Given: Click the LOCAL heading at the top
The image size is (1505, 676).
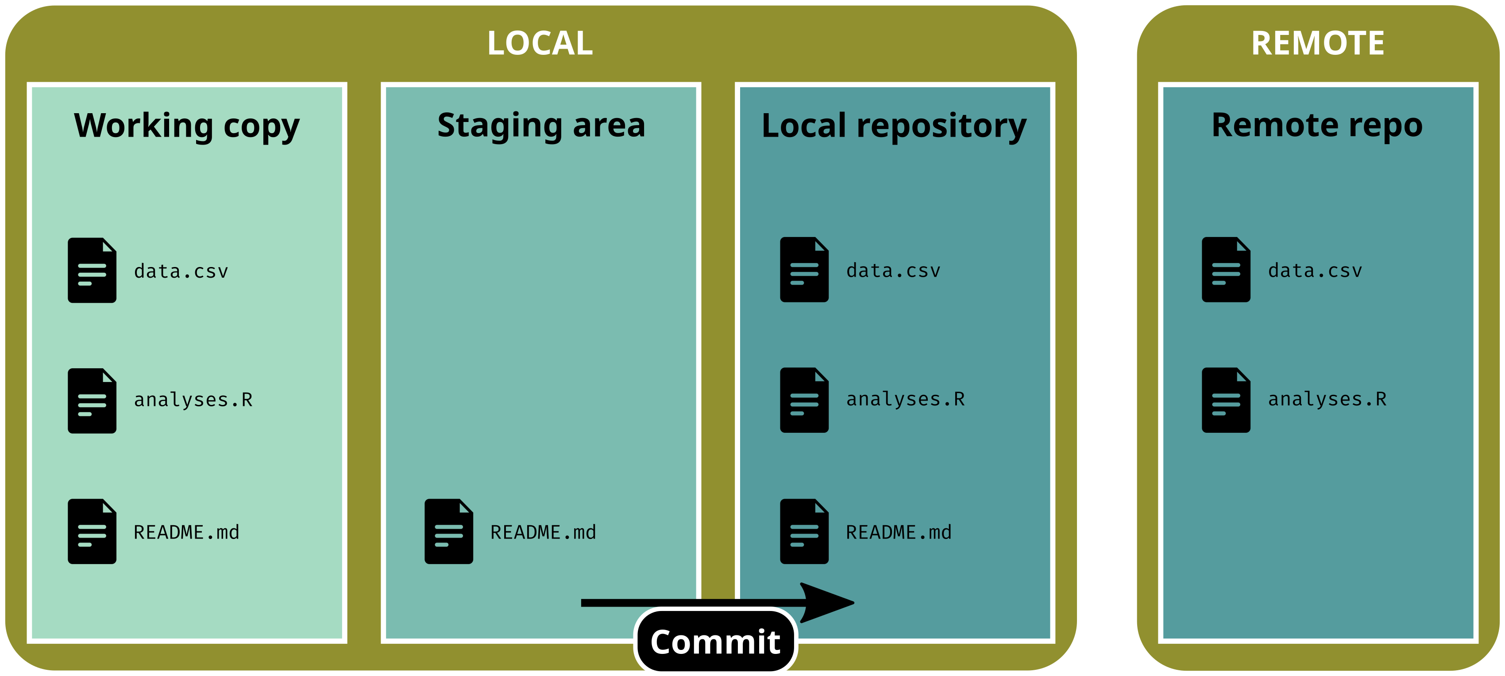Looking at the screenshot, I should click(x=540, y=43).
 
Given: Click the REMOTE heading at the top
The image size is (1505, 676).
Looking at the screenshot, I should click(x=1317, y=43).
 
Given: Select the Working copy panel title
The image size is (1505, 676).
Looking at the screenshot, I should click(x=186, y=126).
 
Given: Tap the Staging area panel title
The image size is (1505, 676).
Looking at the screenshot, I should click(x=541, y=126).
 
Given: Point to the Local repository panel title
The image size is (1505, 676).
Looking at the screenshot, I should click(x=894, y=126).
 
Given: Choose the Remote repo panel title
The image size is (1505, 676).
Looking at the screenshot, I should click(x=1317, y=126).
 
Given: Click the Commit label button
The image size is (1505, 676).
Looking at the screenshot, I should click(x=715, y=642).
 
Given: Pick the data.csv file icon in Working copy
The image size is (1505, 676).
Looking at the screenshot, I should click(x=92, y=270).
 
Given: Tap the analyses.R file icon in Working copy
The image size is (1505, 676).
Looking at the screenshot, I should click(x=92, y=401).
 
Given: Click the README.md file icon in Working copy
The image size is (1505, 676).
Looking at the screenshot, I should click(x=92, y=531).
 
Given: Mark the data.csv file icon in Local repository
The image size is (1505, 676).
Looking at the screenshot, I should click(x=804, y=270).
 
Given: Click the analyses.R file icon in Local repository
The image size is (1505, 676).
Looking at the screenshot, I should click(x=804, y=401).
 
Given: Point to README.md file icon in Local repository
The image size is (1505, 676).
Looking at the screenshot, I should click(x=804, y=531).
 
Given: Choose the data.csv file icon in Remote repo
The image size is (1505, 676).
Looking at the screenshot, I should click(x=1226, y=270).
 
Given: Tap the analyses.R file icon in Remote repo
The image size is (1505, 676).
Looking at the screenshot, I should click(x=1226, y=401).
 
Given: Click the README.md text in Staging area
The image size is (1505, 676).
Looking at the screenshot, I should click(x=543, y=532).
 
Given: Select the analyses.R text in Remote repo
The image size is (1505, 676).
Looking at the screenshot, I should click(x=1327, y=399).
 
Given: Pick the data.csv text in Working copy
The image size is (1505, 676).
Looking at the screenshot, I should click(x=181, y=271).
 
